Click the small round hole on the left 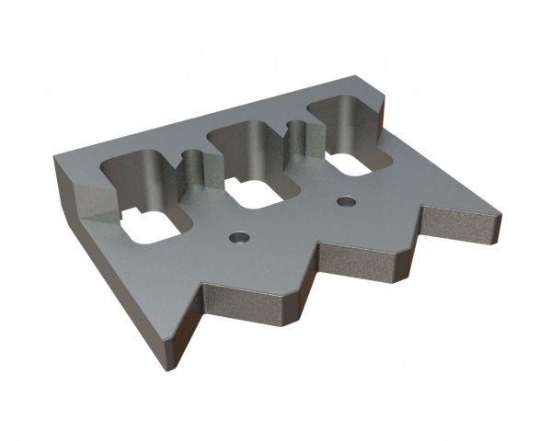238,237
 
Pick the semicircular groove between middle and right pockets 296,138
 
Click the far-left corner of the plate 56,159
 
